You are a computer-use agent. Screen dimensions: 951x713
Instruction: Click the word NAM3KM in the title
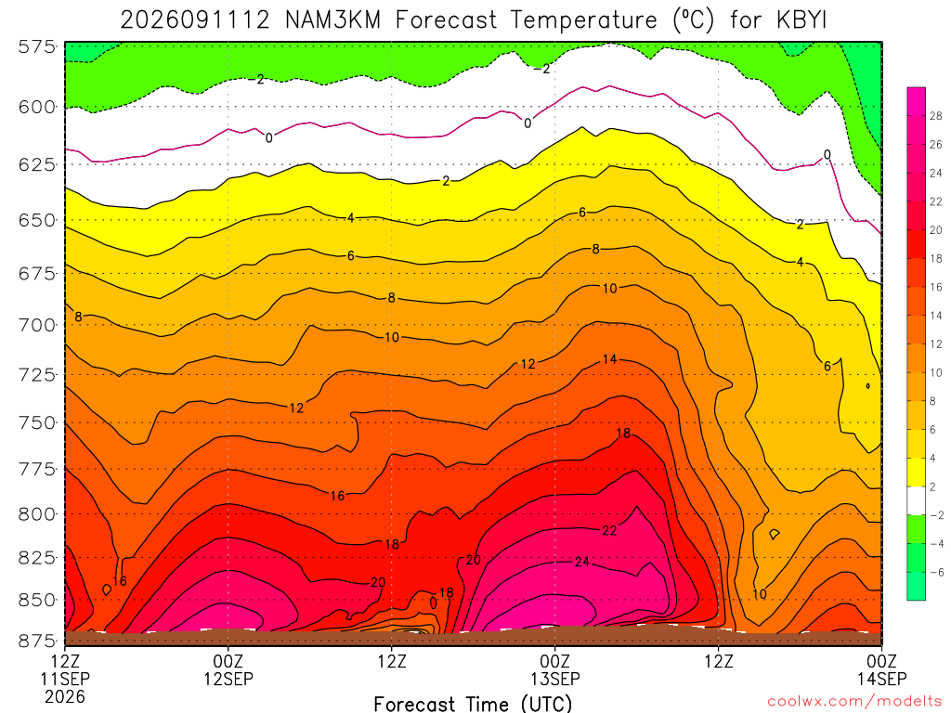[x=333, y=20]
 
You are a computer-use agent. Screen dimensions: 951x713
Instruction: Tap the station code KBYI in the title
[x=801, y=20]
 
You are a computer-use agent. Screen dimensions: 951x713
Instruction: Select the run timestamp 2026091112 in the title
[x=195, y=20]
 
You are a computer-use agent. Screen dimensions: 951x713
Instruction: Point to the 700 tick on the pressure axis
[x=37, y=325]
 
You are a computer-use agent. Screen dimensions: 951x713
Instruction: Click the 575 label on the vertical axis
[x=37, y=46]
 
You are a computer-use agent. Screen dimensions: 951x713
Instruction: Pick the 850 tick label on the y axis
[x=37, y=600]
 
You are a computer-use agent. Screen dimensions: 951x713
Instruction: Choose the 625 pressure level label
[x=37, y=164]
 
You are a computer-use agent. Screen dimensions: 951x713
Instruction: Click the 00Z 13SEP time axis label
[x=555, y=669]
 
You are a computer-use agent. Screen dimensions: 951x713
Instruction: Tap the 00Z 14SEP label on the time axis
[x=882, y=669]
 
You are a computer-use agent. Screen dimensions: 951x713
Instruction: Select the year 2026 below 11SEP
[x=65, y=696]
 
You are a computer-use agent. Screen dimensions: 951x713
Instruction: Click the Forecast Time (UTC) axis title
[x=473, y=704]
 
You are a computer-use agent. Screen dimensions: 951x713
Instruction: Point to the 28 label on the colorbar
[x=935, y=116]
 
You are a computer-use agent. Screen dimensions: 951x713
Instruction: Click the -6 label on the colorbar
[x=936, y=572]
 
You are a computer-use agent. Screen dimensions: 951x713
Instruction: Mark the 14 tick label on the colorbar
[x=935, y=316]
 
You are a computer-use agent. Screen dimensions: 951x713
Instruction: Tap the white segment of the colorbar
[x=917, y=500]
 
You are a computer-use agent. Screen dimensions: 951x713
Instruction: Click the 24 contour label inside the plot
[x=582, y=562]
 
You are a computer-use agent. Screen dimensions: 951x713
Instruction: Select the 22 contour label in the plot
[x=609, y=531]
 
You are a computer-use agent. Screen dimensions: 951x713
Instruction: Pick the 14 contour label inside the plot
[x=609, y=359]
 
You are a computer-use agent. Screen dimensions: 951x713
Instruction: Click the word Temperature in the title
[x=583, y=20]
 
